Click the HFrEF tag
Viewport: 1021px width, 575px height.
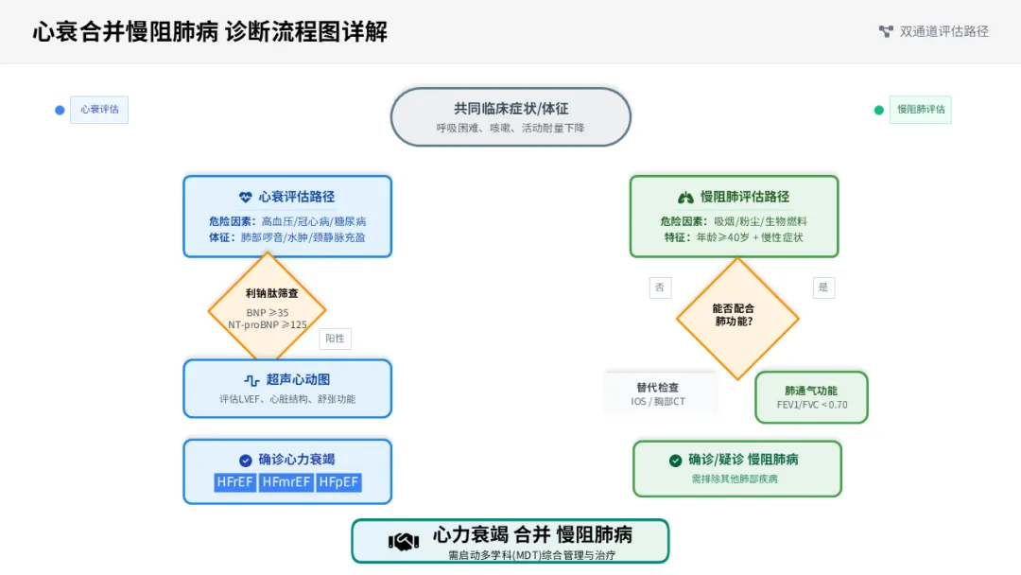click(235, 482)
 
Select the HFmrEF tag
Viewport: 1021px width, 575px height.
click(286, 482)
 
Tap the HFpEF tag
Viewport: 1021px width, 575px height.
click(338, 482)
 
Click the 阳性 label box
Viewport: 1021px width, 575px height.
click(335, 339)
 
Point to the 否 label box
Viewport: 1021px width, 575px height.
click(660, 287)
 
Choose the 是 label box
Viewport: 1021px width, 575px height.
click(822, 287)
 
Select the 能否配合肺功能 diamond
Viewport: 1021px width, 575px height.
click(737, 316)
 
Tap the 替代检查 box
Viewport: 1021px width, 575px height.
click(658, 393)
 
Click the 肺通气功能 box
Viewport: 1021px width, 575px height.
click(811, 397)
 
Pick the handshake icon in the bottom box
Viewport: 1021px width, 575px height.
click(404, 542)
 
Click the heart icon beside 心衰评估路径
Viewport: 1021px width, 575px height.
click(246, 197)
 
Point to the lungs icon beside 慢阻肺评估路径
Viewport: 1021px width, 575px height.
click(686, 197)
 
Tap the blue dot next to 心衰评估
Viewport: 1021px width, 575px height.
click(60, 110)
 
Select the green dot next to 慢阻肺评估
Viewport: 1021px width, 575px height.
click(879, 110)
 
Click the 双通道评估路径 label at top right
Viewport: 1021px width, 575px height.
click(943, 31)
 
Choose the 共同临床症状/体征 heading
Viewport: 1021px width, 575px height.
click(510, 109)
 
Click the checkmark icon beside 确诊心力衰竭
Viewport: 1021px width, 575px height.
click(246, 460)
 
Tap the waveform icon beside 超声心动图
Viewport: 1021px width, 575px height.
click(251, 380)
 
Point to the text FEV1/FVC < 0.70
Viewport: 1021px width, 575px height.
click(811, 405)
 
